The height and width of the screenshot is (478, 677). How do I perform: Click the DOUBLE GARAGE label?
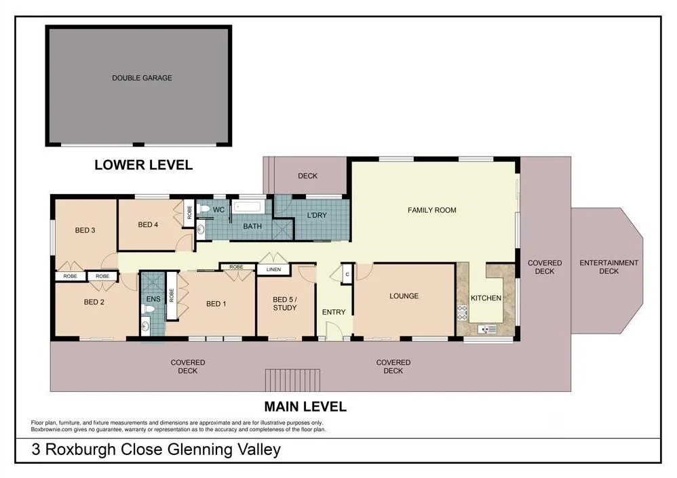pos(142,78)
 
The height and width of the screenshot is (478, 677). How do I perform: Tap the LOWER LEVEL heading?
pos(143,165)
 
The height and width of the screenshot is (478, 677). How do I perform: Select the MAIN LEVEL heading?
pos(305,407)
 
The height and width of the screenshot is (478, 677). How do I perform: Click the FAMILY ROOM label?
pos(431,210)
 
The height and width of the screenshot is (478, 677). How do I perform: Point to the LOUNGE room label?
pos(404,296)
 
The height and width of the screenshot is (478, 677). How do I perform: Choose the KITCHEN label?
pos(486,298)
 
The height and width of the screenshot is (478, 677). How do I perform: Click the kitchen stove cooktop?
pos(463,313)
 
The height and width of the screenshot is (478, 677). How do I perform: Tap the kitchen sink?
pos(488,330)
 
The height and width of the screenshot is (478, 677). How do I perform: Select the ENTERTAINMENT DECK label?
pos(609,267)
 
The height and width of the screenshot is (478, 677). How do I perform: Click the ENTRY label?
pos(334,313)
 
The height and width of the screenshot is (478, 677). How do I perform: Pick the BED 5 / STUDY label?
pos(285,303)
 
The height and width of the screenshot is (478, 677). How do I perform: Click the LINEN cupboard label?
pos(273,270)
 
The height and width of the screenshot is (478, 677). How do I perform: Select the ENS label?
pos(153,298)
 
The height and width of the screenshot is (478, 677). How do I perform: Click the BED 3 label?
pos(85,231)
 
